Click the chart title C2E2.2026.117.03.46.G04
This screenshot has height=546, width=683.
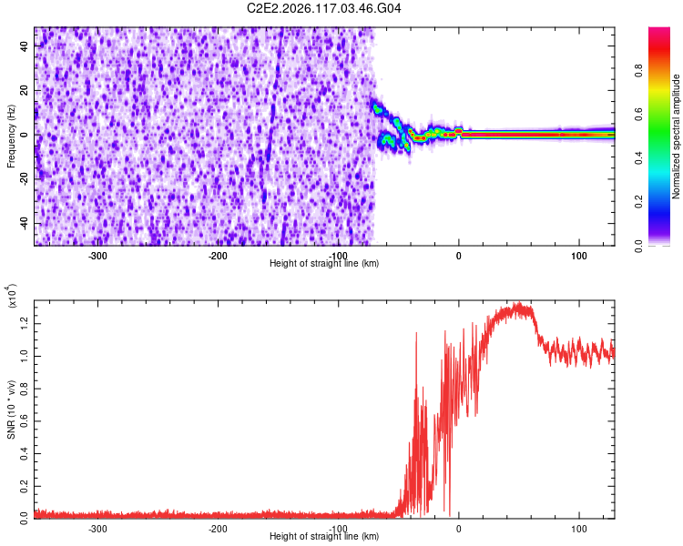pyautogui.click(x=323, y=8)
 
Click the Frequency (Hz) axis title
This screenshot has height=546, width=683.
pyautogui.click(x=11, y=136)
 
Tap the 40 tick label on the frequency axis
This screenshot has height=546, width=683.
pyautogui.click(x=24, y=45)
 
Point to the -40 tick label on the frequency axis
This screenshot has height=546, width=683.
pyautogui.click(x=24, y=222)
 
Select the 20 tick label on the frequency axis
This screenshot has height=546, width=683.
pyautogui.click(x=24, y=90)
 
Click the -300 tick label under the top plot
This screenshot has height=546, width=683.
pyautogui.click(x=97, y=256)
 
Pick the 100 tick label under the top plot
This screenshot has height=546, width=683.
pyautogui.click(x=579, y=256)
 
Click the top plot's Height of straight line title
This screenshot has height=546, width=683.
pyautogui.click(x=324, y=263)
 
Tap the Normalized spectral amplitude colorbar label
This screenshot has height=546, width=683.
pyautogui.click(x=676, y=136)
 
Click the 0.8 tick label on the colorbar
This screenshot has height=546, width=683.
pyautogui.click(x=638, y=70)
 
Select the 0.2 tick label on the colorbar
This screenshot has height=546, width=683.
pyautogui.click(x=638, y=202)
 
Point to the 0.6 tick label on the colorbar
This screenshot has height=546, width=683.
pyautogui.click(x=638, y=114)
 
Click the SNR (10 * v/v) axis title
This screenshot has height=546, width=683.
pyautogui.click(x=11, y=409)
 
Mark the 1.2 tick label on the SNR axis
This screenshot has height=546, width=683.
pyautogui.click(x=24, y=324)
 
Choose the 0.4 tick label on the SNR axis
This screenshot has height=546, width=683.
pyautogui.click(x=24, y=454)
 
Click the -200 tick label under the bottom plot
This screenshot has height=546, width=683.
pyautogui.click(x=218, y=529)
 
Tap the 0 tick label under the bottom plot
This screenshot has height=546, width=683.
pyautogui.click(x=459, y=529)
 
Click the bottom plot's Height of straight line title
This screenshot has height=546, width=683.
pyautogui.click(x=324, y=536)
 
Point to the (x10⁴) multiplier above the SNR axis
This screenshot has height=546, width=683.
pyautogui.click(x=12, y=296)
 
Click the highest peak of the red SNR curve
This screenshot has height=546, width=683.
pyautogui.click(x=518, y=302)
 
